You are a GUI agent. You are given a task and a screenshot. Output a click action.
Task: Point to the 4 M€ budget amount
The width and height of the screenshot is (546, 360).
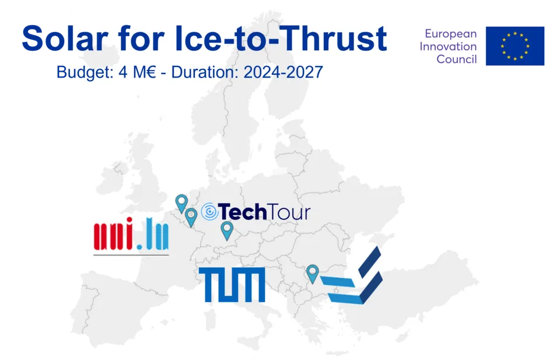(x=137, y=72)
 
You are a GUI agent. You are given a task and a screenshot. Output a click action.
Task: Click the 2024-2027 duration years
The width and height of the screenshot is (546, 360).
(x=283, y=72)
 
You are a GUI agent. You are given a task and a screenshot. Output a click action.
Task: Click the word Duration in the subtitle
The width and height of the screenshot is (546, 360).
(x=204, y=72)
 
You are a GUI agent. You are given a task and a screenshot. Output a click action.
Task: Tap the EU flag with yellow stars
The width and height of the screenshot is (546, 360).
(x=515, y=46)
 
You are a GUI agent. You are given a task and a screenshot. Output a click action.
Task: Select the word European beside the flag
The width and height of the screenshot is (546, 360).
(x=450, y=34)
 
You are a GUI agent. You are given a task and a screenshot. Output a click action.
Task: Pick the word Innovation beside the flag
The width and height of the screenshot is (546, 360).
(x=448, y=46)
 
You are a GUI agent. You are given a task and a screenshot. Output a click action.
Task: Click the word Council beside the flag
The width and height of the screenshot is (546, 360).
(x=457, y=59)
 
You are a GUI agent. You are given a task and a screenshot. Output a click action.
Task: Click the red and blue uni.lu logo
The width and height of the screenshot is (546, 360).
(x=131, y=235)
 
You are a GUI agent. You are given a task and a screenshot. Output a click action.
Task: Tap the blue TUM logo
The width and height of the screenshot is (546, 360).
(x=232, y=285)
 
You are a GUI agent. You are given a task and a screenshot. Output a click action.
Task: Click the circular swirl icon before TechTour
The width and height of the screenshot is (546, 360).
(x=209, y=212)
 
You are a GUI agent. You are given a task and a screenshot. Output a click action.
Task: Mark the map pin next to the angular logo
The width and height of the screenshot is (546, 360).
(x=312, y=274)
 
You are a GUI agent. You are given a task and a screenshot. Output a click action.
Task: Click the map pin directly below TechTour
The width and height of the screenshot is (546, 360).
(x=227, y=230)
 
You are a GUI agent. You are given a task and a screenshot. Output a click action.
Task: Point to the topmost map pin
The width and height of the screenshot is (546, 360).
(x=181, y=203)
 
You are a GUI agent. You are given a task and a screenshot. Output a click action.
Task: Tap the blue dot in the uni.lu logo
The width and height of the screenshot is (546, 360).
(x=139, y=247)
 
